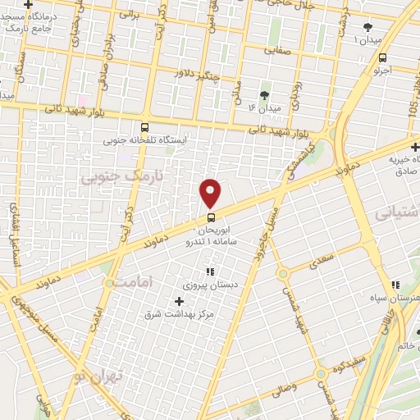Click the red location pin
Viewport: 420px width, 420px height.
click(x=211, y=194)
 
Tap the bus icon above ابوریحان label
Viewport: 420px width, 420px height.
click(x=211, y=217)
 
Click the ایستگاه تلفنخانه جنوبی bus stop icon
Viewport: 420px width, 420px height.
click(x=145, y=127)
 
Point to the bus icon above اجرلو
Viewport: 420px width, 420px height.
click(x=383, y=57)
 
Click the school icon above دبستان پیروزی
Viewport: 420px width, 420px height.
click(x=210, y=272)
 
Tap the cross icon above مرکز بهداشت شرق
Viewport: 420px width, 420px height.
click(x=180, y=300)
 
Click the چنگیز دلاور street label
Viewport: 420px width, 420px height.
click(x=196, y=74)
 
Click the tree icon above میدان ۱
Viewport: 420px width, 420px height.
click(x=367, y=27)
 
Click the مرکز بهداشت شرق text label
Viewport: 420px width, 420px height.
click(x=180, y=313)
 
